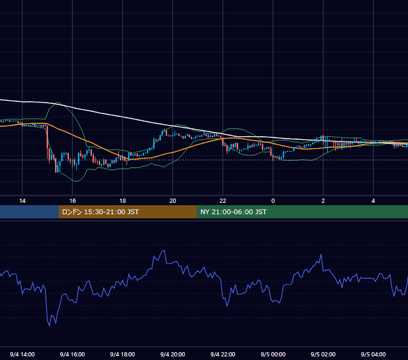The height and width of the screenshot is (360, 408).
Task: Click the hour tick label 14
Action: (22, 201)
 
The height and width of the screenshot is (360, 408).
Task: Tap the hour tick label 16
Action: (73, 201)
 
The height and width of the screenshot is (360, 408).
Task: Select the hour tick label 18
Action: (122, 201)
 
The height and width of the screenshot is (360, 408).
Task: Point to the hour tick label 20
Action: (173, 201)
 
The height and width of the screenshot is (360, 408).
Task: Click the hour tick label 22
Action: (223, 201)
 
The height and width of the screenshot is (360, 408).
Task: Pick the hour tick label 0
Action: (273, 201)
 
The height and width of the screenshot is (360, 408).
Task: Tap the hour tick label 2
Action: (323, 201)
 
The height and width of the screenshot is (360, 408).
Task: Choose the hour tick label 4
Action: (373, 201)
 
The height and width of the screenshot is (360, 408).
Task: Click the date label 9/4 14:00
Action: (22, 355)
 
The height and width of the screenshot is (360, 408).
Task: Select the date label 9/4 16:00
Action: (73, 355)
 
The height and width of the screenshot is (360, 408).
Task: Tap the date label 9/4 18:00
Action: (122, 355)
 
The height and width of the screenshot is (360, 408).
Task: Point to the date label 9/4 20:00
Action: (173, 355)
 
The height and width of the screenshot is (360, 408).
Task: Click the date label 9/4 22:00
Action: (223, 355)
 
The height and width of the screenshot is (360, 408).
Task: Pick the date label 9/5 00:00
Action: (273, 355)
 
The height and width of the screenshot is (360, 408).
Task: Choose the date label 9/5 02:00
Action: (323, 355)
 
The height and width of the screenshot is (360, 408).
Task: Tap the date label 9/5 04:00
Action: (373, 355)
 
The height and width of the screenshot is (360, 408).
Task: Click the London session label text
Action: (100, 212)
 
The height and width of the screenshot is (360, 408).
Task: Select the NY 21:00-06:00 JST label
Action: (233, 212)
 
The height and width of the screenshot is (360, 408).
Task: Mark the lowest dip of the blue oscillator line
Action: (49, 326)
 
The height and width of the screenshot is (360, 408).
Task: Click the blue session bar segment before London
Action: (29, 212)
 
